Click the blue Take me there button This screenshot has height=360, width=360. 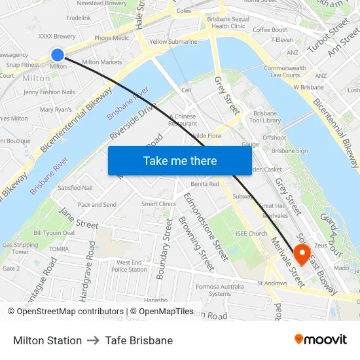pyautogui.click(x=179, y=160)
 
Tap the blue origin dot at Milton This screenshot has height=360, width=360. pyautogui.click(x=58, y=55)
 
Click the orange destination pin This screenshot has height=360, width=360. pyautogui.click(x=302, y=253)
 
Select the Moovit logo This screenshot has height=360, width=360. pyautogui.click(x=321, y=340)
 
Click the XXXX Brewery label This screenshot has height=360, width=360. pyautogui.click(x=57, y=37)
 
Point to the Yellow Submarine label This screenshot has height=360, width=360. pyautogui.click(x=173, y=41)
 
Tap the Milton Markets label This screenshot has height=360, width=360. pyautogui.click(x=102, y=62)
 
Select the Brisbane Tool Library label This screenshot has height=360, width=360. pyautogui.click(x=267, y=117)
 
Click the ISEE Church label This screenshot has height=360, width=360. pyautogui.click(x=251, y=234)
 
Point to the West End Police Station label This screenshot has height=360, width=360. pyautogui.click(x=129, y=266)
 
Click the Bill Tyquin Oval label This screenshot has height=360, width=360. pyautogui.click(x=54, y=233)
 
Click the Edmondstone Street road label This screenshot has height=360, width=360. pyautogui.click(x=200, y=223)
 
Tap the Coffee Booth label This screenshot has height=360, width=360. pyautogui.click(x=270, y=30)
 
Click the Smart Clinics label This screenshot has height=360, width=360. pyautogui.click(x=158, y=204)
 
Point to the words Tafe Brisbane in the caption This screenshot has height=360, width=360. pyautogui.click(x=139, y=340)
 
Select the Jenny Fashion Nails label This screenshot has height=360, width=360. pyautogui.click(x=49, y=92)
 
